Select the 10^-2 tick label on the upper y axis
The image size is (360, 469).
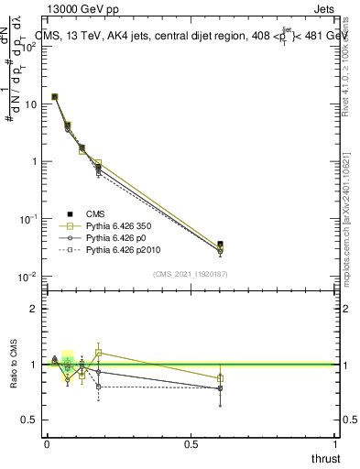coord(29,276)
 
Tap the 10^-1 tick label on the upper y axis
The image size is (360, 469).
coord(29,219)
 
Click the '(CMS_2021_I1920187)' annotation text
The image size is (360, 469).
coord(190,274)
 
